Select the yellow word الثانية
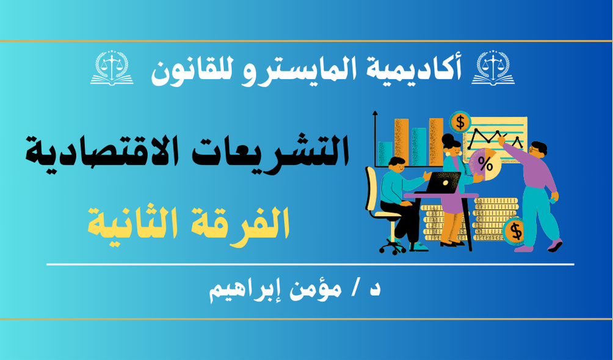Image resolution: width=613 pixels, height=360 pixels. pos(137,223)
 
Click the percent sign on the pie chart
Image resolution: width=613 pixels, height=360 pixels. pos(485,164)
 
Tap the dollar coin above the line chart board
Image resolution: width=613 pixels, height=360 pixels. pos(460,122)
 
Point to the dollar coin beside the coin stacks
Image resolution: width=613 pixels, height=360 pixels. pos(515,231)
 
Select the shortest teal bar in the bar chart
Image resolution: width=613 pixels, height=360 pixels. pos(385,154)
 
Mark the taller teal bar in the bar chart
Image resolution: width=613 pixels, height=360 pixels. pos(419,146)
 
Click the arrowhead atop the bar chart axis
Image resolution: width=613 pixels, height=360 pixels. pos(375,113)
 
